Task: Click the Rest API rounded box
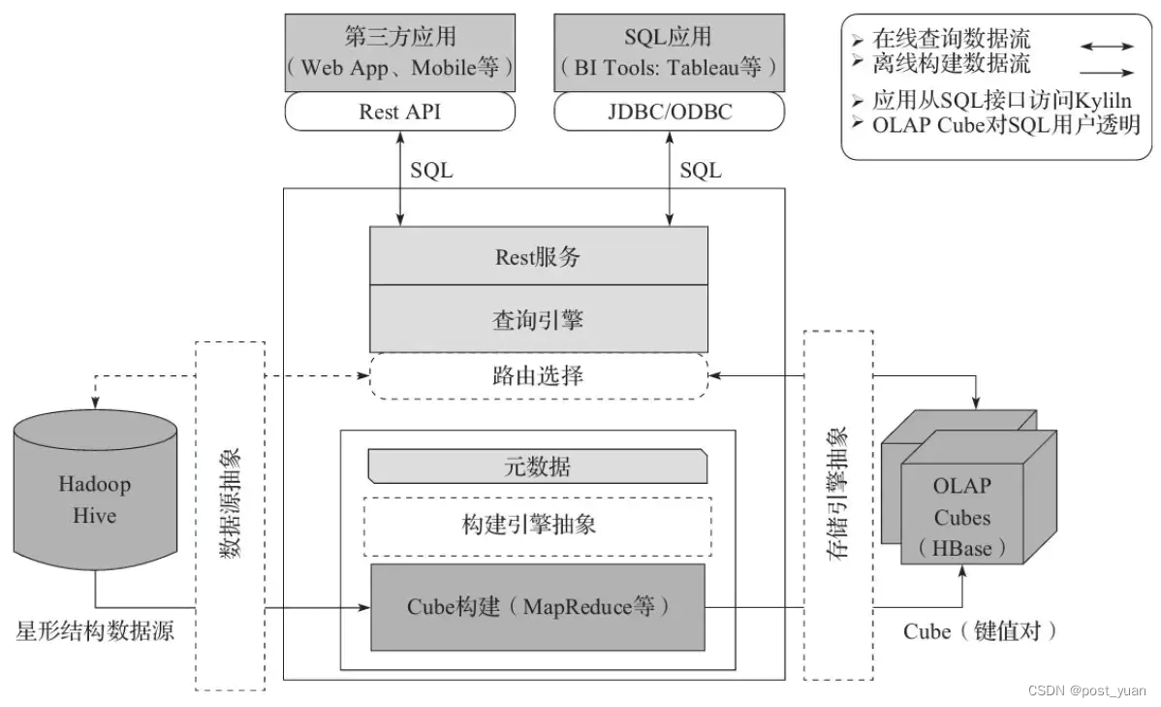pos(399,112)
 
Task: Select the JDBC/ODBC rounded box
pos(669,112)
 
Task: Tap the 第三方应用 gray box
pos(399,52)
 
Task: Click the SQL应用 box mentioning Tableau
pos(669,52)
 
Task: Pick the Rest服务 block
pos(538,257)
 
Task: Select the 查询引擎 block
pos(538,319)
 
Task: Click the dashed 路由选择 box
pos(538,375)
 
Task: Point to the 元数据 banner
pos(538,466)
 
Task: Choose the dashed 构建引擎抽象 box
pos(538,526)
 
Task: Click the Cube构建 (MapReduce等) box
pos(538,608)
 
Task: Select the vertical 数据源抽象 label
pos(230,515)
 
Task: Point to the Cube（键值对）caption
pos(981,631)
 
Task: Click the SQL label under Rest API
pos(431,171)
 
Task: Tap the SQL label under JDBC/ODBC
pos(700,171)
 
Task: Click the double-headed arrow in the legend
pos(1107,46)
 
